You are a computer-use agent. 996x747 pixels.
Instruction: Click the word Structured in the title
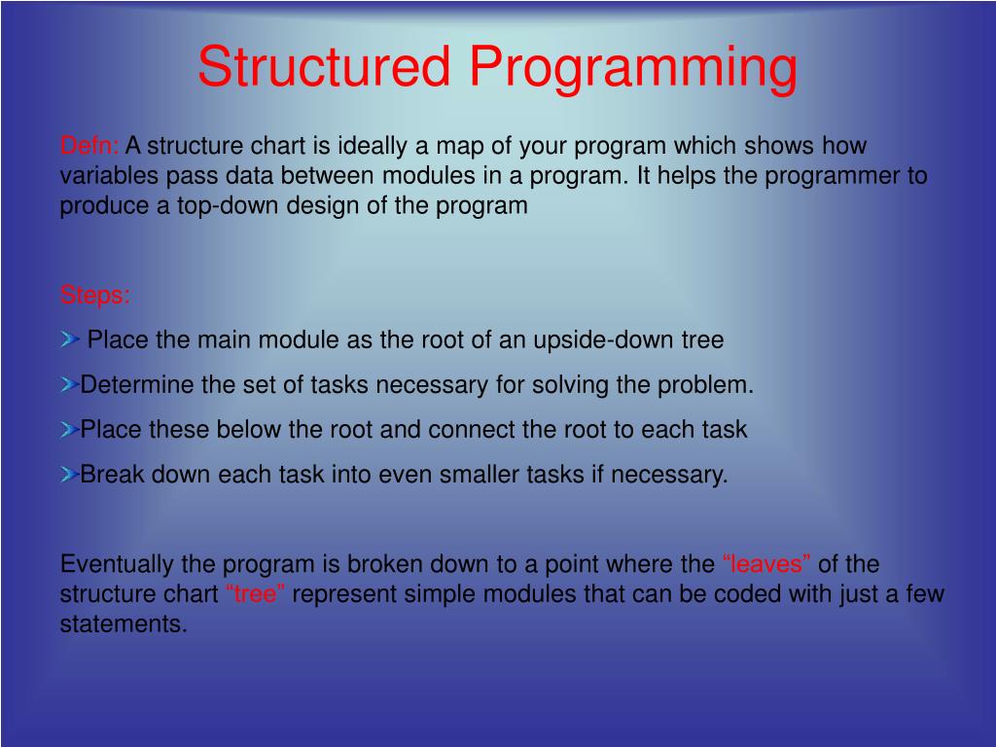click(x=324, y=66)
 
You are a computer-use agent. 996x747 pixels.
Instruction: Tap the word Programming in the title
click(x=633, y=70)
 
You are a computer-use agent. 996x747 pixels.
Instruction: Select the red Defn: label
click(x=89, y=146)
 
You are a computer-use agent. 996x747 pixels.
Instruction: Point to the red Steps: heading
click(x=94, y=296)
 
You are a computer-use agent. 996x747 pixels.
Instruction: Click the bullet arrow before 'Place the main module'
click(x=70, y=339)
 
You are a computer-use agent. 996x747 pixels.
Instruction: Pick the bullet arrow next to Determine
click(x=69, y=384)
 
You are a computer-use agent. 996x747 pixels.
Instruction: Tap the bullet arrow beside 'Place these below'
click(x=69, y=429)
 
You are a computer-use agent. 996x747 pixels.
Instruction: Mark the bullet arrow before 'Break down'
click(x=69, y=474)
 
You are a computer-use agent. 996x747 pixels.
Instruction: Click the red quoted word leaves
click(x=766, y=564)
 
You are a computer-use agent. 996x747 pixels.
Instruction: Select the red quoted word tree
click(x=256, y=594)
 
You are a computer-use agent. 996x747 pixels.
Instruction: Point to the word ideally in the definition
click(x=373, y=146)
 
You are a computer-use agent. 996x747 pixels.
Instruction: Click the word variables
click(x=109, y=175)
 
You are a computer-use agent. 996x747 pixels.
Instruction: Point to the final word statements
click(x=124, y=623)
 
